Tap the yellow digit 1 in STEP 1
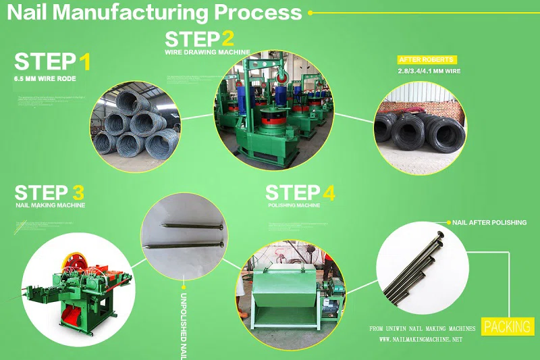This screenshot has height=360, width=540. click(84, 62)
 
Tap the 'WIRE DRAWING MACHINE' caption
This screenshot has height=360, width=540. click(207, 51)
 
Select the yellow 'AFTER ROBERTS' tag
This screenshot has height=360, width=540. click(427, 59)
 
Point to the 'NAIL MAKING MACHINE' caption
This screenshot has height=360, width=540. click(50, 205)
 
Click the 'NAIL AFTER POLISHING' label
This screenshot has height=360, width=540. click(489, 222)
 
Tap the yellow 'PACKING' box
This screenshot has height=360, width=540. click(507, 327)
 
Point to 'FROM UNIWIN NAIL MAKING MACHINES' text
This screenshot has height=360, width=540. click(423, 328)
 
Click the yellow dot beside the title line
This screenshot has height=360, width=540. click(310, 12)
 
